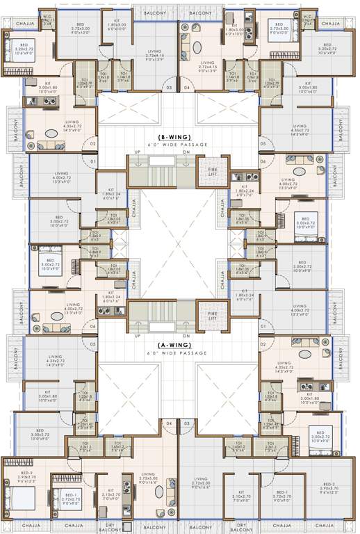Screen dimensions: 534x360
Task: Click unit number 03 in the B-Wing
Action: [167, 88]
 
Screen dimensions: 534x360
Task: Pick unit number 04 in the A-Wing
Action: [168, 422]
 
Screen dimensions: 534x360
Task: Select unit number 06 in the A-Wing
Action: [92, 325]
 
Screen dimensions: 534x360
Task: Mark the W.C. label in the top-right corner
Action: [306, 17]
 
